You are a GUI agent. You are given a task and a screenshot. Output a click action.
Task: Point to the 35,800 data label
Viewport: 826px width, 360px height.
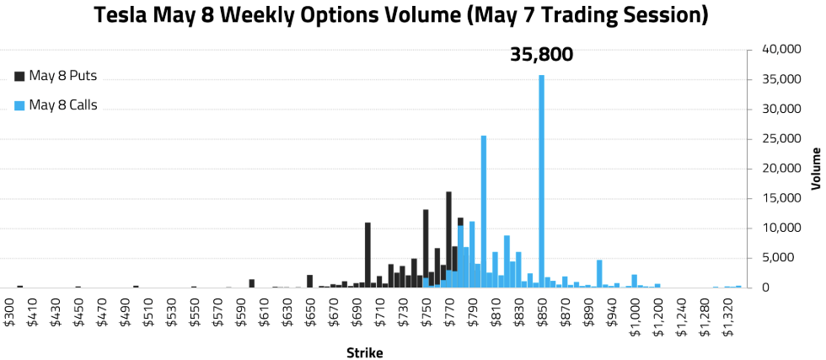click(541, 55)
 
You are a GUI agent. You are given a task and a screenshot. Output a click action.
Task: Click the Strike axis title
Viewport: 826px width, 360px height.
click(364, 352)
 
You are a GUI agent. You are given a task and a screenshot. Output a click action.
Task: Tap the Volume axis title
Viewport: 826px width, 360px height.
click(815, 169)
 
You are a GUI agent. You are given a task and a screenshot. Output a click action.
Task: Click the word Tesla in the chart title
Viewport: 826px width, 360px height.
click(124, 15)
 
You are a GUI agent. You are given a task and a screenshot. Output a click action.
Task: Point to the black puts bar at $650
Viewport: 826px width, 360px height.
click(310, 281)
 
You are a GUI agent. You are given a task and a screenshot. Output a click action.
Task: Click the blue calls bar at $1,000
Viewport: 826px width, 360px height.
click(634, 281)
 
